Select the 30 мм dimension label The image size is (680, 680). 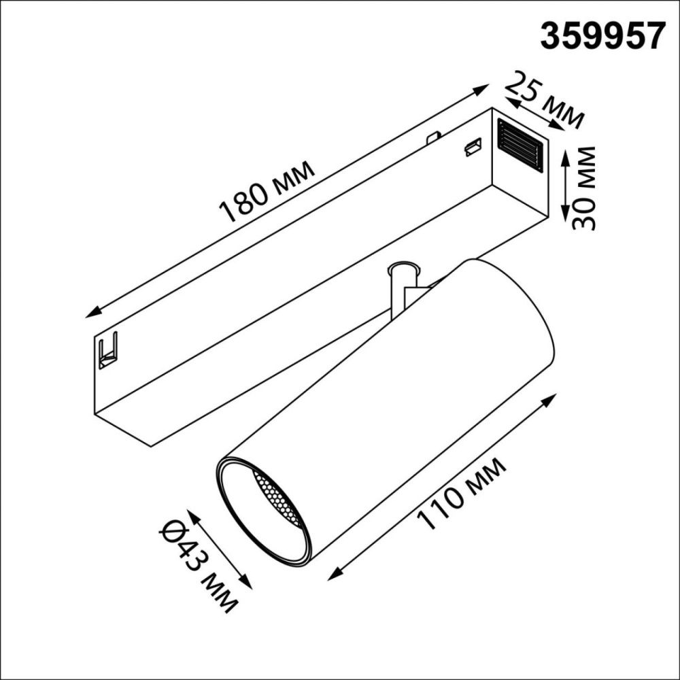tap(583, 188)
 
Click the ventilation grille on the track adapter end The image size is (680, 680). tap(520, 145)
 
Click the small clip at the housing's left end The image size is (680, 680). tap(107, 350)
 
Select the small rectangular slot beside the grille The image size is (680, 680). tap(473, 146)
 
